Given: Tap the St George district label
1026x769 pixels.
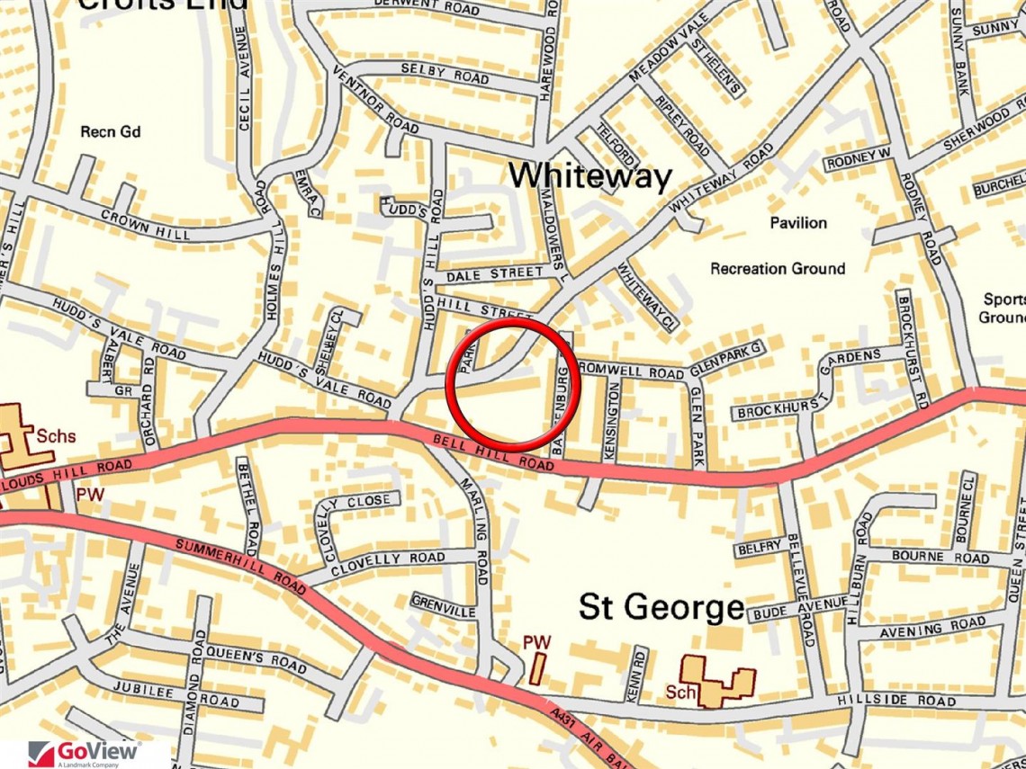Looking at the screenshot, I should point(661,607).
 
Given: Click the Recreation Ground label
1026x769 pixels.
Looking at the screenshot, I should point(778,268).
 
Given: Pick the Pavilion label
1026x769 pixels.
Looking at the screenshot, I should point(797,222).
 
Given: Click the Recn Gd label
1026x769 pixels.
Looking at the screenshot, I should point(111,132).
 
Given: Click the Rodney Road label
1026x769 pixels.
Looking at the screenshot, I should point(922,225).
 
